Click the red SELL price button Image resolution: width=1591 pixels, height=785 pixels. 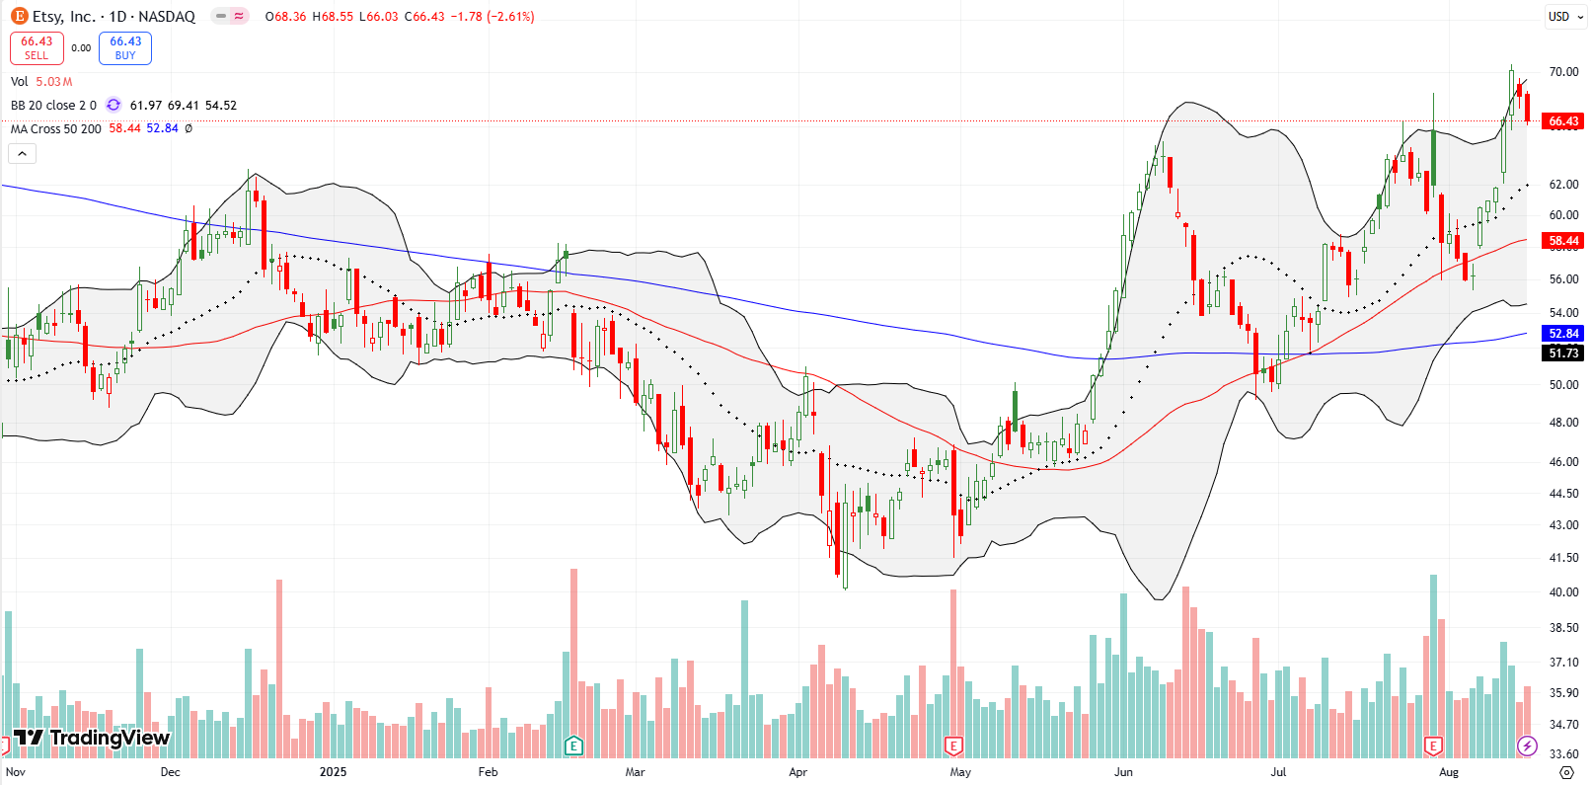click(x=37, y=48)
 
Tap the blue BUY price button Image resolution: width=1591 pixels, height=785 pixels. click(x=125, y=48)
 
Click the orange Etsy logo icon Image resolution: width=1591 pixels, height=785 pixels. click(x=19, y=16)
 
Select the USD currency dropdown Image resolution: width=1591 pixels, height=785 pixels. click(x=1558, y=16)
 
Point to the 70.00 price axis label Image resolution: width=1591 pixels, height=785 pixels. click(x=1563, y=72)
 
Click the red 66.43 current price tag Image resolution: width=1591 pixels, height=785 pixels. click(x=1563, y=121)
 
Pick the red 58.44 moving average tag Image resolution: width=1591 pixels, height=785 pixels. click(x=1563, y=241)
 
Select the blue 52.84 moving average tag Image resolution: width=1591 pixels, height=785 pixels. click(x=1563, y=334)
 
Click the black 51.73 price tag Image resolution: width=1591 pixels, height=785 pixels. click(x=1563, y=353)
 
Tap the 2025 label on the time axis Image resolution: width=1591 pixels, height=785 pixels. click(x=333, y=772)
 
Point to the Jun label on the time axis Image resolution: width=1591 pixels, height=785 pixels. click(x=1123, y=772)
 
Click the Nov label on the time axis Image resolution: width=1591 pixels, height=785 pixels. click(x=16, y=772)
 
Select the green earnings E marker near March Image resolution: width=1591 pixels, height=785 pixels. click(x=573, y=746)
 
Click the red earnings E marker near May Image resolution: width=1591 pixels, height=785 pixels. click(x=952, y=746)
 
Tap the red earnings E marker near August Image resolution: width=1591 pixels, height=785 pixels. click(x=1433, y=746)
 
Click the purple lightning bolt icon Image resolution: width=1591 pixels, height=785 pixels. click(x=1527, y=746)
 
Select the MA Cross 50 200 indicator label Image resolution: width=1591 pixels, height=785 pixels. click(x=56, y=128)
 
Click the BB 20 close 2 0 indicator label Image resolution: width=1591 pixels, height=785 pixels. click(x=53, y=105)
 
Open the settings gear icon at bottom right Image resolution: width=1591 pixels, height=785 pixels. click(x=1566, y=772)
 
